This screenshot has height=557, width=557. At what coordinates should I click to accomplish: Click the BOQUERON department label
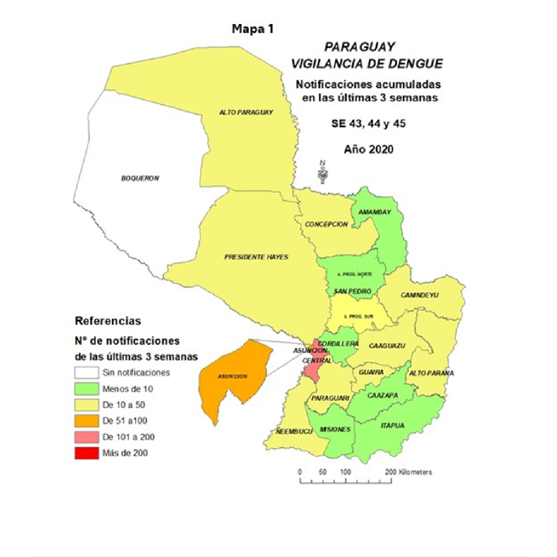tap(140, 178)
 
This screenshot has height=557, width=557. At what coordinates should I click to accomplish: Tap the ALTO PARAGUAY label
tap(246, 112)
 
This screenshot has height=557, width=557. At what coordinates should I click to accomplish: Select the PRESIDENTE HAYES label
tap(256, 257)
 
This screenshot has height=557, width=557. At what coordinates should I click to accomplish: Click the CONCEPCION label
tap(327, 224)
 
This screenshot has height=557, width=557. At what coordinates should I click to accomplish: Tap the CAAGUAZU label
tap(387, 346)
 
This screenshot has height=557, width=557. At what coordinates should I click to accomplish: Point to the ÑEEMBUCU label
tap(293, 432)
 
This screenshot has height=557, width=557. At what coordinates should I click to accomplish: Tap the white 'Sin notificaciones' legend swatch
tap(86, 372)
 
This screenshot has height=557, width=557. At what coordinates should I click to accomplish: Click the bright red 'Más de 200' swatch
tap(86, 453)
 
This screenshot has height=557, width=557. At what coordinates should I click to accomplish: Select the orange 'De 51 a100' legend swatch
tap(86, 421)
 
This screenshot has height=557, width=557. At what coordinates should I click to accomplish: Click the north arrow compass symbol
tap(323, 171)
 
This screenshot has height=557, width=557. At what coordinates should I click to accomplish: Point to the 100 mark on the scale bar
tap(345, 471)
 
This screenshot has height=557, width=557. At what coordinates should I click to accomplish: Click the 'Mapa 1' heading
tap(254, 29)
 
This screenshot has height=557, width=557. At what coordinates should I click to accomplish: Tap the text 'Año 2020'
tap(367, 150)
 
